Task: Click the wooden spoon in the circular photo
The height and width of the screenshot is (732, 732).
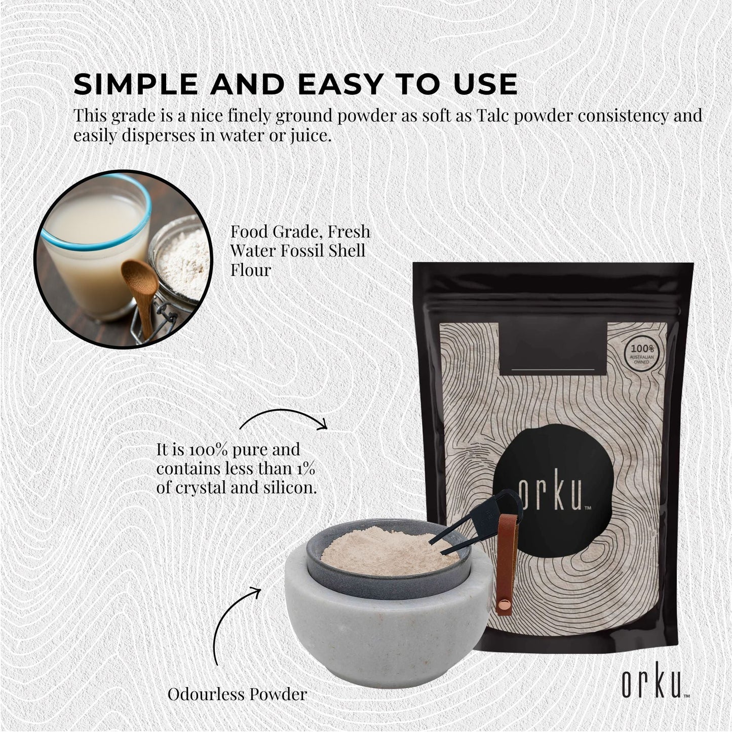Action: [x=140, y=294]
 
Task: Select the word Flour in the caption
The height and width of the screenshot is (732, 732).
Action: [x=251, y=271]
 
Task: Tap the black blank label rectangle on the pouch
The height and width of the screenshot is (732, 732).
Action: [x=553, y=349]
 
